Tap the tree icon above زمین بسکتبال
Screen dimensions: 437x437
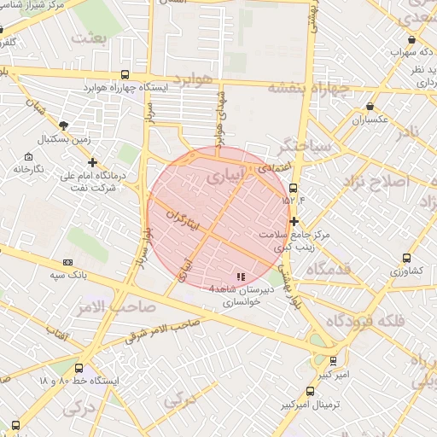(64, 125)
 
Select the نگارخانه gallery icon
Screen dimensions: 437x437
(29, 156)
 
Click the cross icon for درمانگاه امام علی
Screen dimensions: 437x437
(93, 162)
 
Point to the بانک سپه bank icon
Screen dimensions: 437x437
(67, 263)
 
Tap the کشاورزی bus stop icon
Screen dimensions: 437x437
(406, 258)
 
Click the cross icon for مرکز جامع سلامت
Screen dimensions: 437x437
(294, 220)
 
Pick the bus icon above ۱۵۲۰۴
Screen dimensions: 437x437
(294, 188)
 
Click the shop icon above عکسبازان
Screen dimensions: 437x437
(370, 106)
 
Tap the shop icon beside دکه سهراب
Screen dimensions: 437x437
(412, 39)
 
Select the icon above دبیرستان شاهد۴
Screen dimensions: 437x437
(241, 276)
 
